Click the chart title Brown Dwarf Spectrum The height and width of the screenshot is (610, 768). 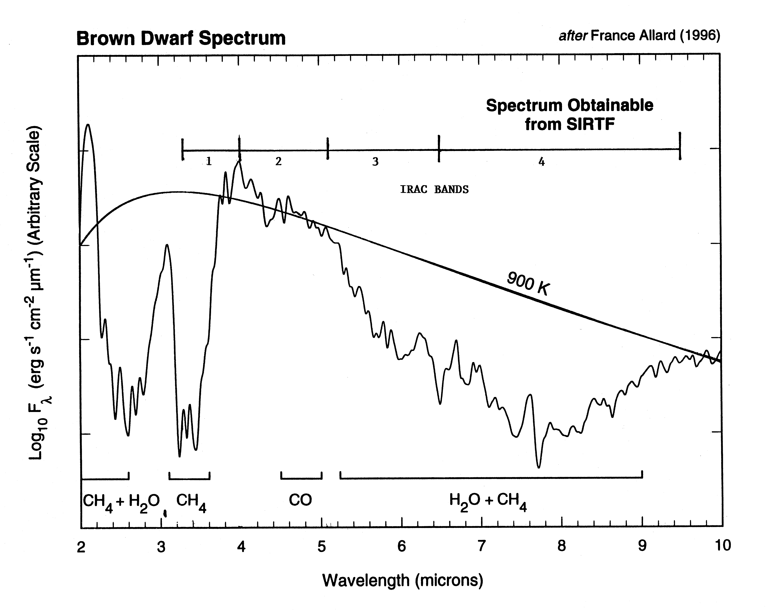181,38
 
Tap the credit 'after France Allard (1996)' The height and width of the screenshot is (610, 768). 639,36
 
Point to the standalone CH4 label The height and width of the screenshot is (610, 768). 191,502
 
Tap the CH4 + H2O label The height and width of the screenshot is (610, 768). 121,502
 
